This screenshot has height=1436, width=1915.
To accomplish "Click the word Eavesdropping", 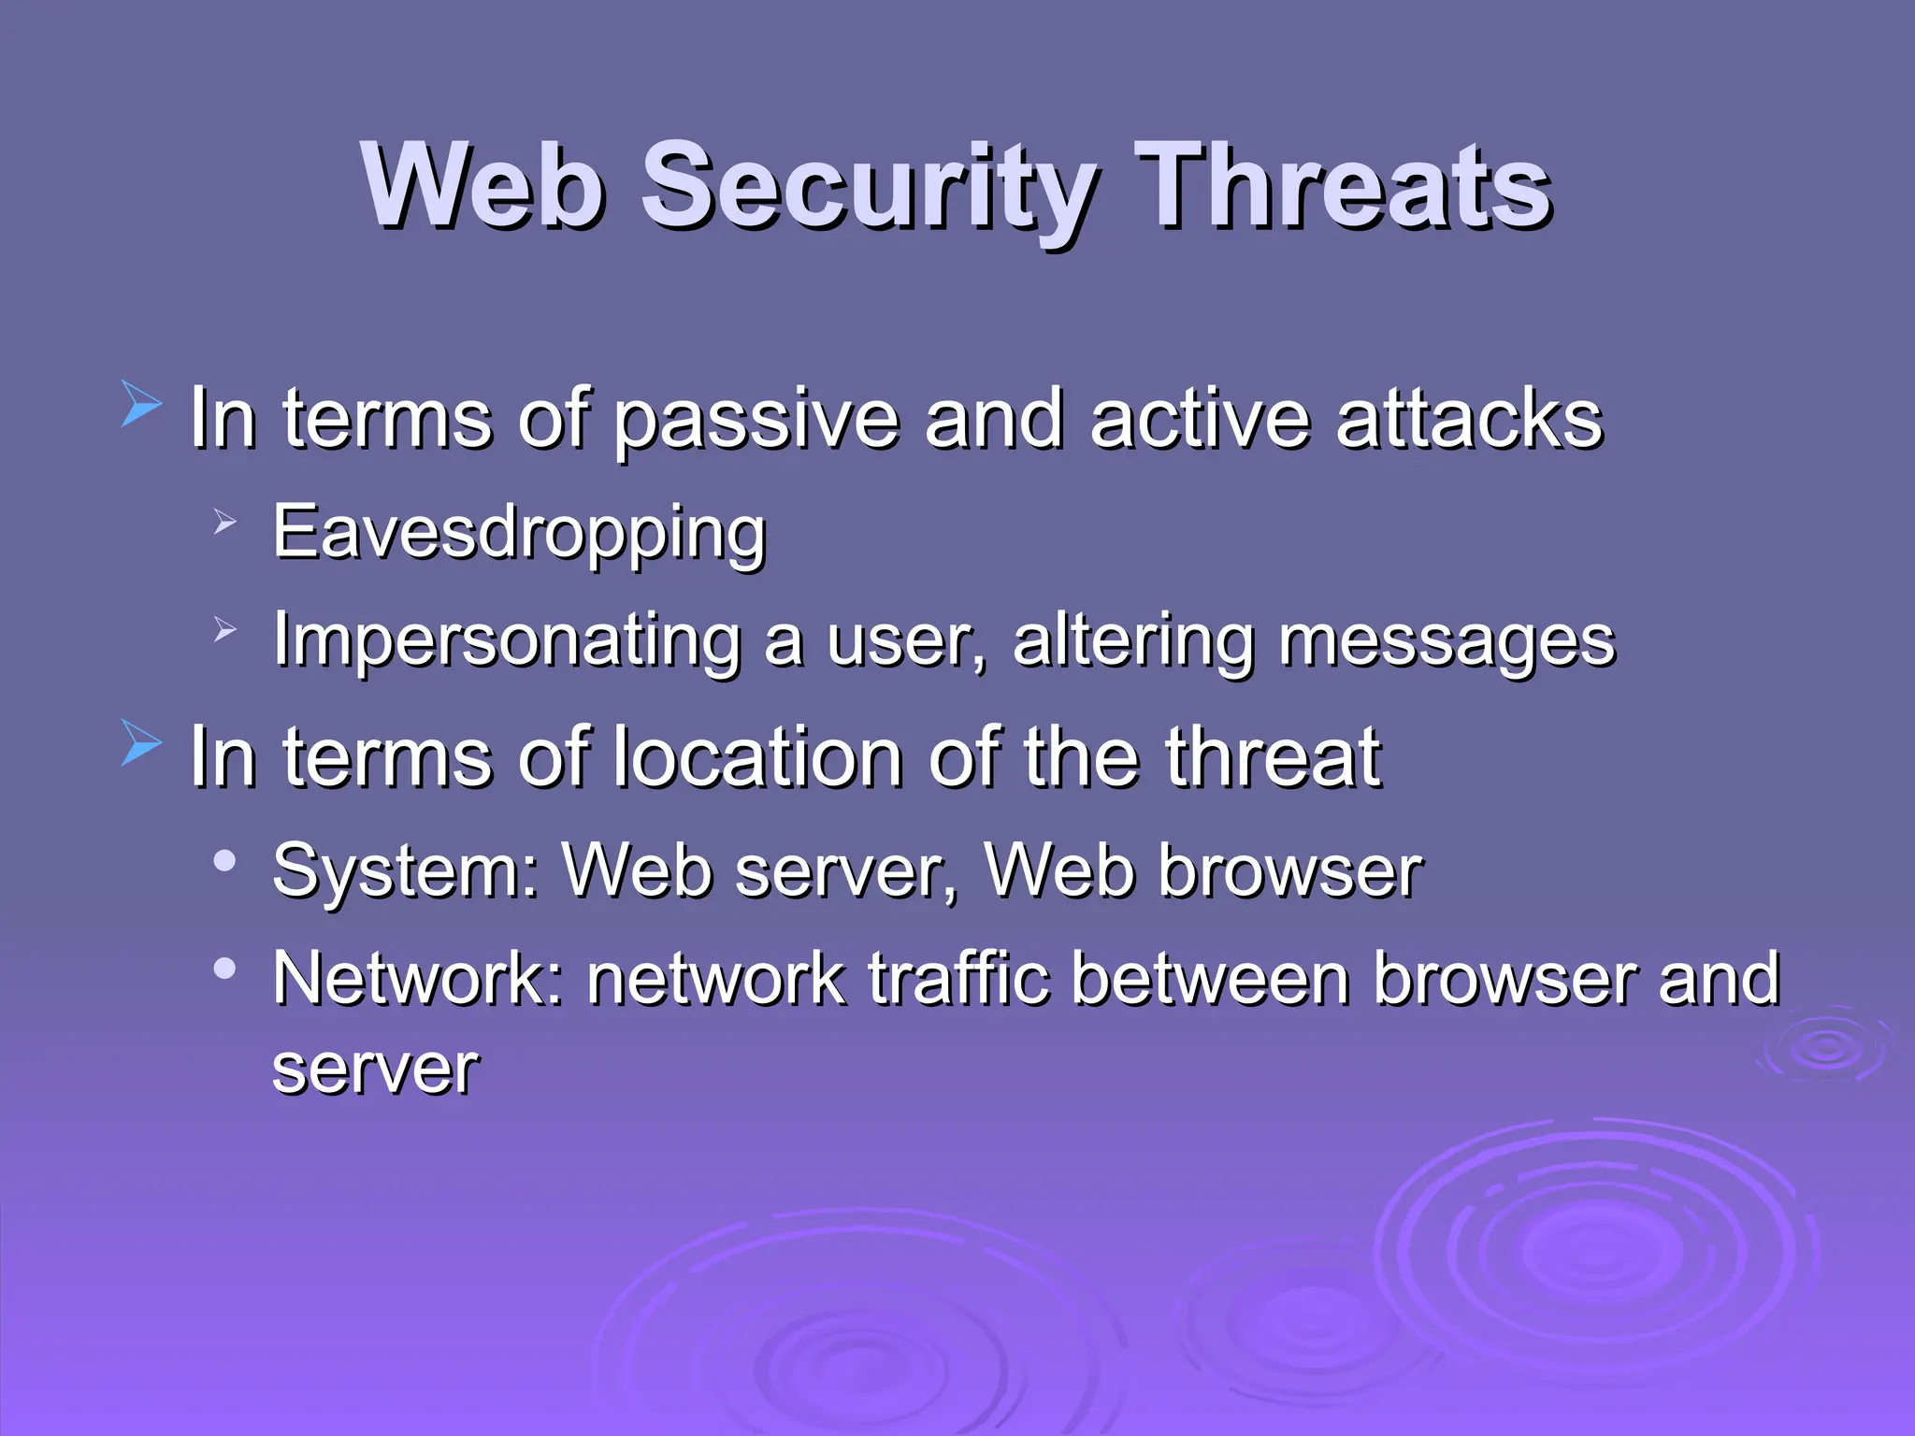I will pos(519,533).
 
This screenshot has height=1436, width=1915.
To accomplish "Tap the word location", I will pos(757,757).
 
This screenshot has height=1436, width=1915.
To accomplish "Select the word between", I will pos(1211,978).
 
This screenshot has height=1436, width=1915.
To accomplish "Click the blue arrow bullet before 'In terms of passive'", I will pos(141,408).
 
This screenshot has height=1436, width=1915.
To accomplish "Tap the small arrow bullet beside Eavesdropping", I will pos(224,522).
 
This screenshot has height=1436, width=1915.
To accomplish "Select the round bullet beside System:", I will pos(224,860).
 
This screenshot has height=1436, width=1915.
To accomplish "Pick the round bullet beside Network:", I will pos(224,969).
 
